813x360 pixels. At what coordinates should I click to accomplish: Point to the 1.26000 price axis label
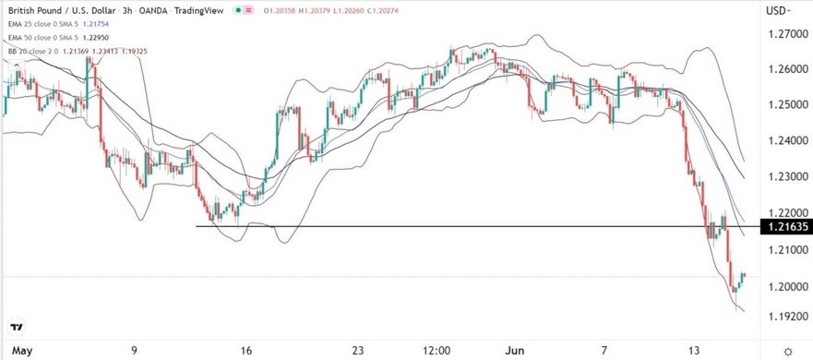(783, 70)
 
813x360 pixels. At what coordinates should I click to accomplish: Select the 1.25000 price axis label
(783, 105)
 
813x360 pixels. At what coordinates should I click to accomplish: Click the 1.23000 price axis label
(783, 176)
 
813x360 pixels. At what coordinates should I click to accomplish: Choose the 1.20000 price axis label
(783, 287)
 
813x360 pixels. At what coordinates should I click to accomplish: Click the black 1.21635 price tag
(783, 226)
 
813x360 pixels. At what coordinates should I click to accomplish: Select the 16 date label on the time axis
(245, 351)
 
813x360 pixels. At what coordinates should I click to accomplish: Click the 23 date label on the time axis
(359, 351)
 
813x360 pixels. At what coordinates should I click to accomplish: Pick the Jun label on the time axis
(512, 351)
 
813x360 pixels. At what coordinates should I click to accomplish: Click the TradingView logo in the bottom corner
(17, 328)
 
